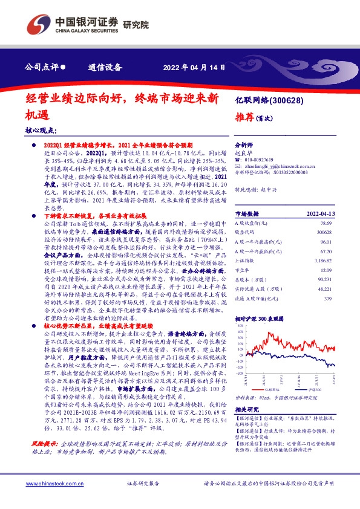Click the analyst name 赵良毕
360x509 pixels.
[x=243, y=154]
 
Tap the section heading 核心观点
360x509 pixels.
[x=41, y=131]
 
